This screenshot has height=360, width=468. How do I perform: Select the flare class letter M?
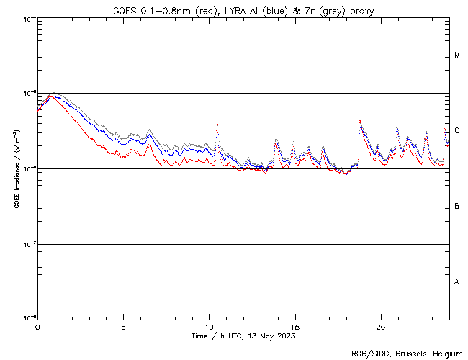(x=457, y=55)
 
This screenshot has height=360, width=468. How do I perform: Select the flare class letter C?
(x=457, y=130)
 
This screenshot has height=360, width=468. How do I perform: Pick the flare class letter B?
(x=457, y=207)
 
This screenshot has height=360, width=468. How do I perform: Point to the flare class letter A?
(x=457, y=282)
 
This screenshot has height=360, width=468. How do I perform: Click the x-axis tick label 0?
(x=37, y=327)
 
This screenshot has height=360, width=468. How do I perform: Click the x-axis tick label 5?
(x=123, y=327)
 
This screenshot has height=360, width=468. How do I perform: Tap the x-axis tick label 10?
(x=209, y=327)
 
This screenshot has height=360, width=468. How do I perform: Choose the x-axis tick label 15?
(x=295, y=327)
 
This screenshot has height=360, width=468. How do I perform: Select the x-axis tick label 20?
(x=381, y=327)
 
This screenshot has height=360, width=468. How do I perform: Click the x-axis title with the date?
(x=243, y=336)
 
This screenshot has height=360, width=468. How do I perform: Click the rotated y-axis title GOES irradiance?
(x=16, y=169)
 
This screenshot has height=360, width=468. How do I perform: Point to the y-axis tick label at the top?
(x=30, y=18)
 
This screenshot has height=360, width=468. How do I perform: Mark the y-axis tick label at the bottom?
(x=30, y=318)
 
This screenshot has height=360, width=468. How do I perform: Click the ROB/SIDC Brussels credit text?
(x=407, y=353)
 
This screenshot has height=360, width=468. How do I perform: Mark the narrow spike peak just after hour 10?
(x=216, y=117)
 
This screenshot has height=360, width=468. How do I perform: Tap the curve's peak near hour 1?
(x=53, y=94)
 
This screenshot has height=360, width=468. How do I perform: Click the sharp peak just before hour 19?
(x=359, y=121)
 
